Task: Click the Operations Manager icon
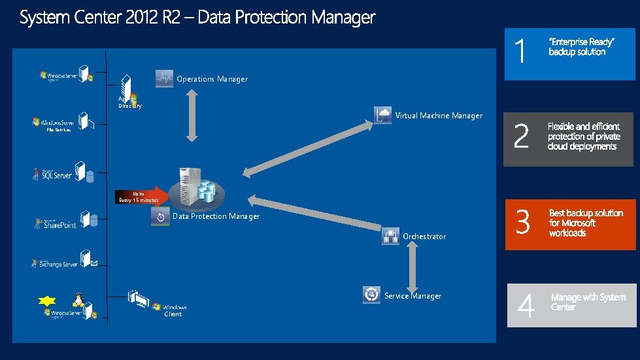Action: pyautogui.click(x=164, y=78)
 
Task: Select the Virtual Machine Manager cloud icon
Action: pyautogui.click(x=383, y=115)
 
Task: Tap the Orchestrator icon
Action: pyautogui.click(x=391, y=236)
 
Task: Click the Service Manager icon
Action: pyautogui.click(x=371, y=295)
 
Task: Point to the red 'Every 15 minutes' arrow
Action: pyautogui.click(x=141, y=195)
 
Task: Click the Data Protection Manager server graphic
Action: pyautogui.click(x=195, y=186)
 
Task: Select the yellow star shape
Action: pyautogui.click(x=47, y=301)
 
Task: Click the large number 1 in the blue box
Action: pyautogui.click(x=520, y=52)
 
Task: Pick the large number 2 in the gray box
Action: pyautogui.click(x=521, y=137)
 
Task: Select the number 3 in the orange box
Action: pyautogui.click(x=522, y=223)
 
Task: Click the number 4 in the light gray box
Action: pyautogui.click(x=526, y=305)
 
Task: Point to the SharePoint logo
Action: pyautogui.click(x=56, y=223)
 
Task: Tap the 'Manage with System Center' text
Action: pyautogui.click(x=588, y=302)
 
